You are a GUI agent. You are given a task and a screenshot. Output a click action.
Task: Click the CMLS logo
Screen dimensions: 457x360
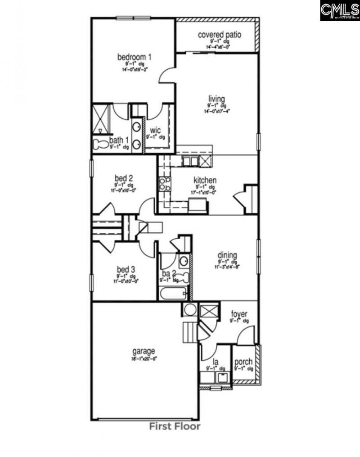pyautogui.click(x=340, y=10)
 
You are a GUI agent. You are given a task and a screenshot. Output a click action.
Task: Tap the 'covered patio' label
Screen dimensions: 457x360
pyautogui.click(x=220, y=34)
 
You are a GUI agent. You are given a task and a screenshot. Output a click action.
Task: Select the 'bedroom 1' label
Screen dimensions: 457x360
pyautogui.click(x=134, y=57)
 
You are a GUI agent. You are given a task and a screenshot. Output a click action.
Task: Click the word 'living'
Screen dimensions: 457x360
pyautogui.click(x=216, y=99)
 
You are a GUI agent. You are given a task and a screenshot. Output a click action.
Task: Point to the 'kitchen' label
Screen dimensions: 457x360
pyautogui.click(x=205, y=180)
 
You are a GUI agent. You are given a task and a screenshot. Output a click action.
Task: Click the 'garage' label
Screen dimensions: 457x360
pyautogui.click(x=144, y=351)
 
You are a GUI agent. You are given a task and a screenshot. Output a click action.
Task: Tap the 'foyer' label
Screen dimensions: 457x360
pyautogui.click(x=239, y=314)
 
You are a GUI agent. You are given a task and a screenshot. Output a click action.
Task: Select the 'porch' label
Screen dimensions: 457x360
pyautogui.click(x=243, y=362)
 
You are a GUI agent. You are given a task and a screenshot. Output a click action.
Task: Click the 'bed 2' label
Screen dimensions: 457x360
pyautogui.click(x=124, y=178)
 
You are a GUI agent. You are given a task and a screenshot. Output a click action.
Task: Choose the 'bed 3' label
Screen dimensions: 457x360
pyautogui.click(x=126, y=269)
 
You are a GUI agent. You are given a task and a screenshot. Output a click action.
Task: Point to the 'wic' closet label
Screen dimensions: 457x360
pyautogui.click(x=155, y=131)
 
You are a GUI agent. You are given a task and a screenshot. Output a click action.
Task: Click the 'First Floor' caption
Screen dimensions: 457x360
pyautogui.click(x=175, y=426)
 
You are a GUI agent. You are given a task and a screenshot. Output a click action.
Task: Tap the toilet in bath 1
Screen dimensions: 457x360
pyautogui.click(x=99, y=144)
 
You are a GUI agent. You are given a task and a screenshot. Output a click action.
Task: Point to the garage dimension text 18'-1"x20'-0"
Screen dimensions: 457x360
pyautogui.click(x=144, y=358)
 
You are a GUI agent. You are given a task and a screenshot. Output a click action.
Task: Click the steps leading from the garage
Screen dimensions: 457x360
pyautogui.click(x=189, y=332)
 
